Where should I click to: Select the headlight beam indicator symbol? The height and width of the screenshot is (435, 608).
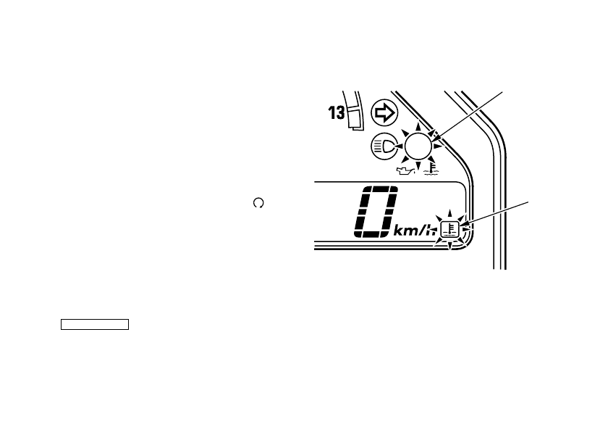click(384, 146)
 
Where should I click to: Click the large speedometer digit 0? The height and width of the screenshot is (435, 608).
click(376, 213)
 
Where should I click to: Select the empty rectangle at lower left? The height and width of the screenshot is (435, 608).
click(94, 323)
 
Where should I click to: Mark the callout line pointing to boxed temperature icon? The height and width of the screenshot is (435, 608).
click(499, 216)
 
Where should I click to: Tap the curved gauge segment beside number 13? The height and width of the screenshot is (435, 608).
click(354, 108)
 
